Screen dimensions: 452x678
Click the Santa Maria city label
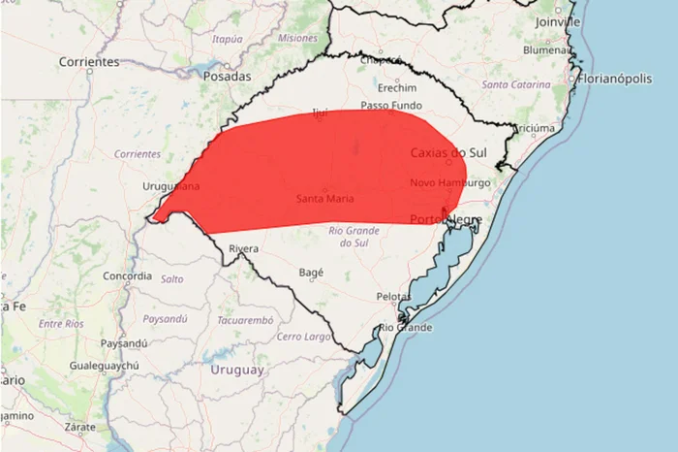tap(324, 199)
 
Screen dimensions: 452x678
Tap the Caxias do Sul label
tap(448, 152)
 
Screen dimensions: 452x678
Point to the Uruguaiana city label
tap(170, 185)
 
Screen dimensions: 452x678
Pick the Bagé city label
tap(311, 273)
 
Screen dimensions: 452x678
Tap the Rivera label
tap(244, 249)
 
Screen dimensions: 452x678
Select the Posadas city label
tap(228, 76)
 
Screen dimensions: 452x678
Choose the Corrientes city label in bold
tap(88, 61)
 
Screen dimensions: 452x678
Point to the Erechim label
tap(396, 86)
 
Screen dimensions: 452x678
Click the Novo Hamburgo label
tap(449, 182)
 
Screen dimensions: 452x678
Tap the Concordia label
tap(128, 275)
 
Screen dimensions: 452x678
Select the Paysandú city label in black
tap(123, 342)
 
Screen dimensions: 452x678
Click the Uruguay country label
tap(236, 370)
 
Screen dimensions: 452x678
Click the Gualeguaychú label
tap(105, 366)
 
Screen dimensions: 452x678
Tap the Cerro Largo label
tap(304, 337)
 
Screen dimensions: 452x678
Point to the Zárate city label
tap(79, 426)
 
